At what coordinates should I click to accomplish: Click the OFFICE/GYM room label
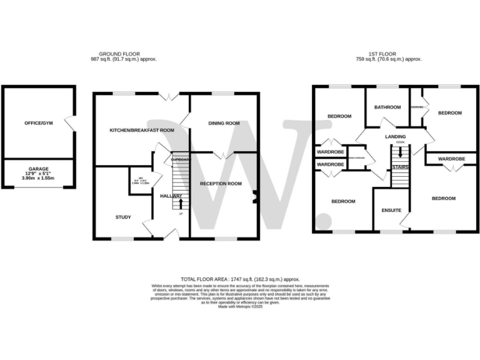39,123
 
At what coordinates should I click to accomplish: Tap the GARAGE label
39,169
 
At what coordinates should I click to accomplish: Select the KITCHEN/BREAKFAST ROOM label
141,130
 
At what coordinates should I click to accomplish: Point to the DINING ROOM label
224,123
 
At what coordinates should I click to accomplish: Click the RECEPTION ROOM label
221,184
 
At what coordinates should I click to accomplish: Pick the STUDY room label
123,217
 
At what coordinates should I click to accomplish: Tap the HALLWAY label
171,196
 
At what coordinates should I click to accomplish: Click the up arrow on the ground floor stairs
181,204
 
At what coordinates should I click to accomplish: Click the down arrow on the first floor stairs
401,152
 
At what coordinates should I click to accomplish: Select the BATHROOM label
387,107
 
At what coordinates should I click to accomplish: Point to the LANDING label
396,136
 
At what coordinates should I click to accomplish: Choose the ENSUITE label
391,210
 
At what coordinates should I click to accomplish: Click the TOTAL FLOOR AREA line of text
241,279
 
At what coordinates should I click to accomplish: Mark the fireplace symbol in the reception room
254,199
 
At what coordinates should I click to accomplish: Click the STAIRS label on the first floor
400,167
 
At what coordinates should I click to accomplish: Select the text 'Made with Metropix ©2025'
241,306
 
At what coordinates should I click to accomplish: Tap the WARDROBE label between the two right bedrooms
451,159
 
